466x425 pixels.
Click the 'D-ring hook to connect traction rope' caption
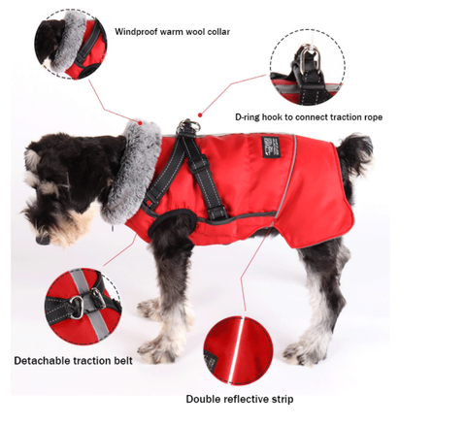pos(308,116)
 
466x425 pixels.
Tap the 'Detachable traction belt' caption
pos(73,360)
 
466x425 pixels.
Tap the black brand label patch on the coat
pos(267,146)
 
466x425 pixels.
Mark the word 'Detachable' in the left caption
pos(42,360)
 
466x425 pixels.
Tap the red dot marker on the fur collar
pos(142,122)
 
